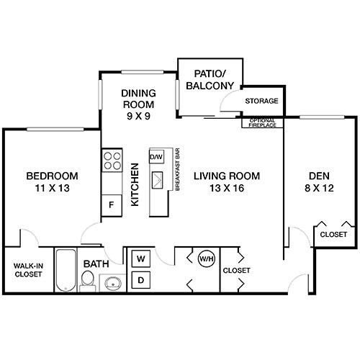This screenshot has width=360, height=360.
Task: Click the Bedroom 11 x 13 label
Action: pos(53,182)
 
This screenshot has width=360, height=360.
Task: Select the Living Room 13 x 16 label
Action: pos(225,182)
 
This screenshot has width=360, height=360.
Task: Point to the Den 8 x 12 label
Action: pos(314,182)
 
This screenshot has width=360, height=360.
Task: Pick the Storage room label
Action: pos(261,101)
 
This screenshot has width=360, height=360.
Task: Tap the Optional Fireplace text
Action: pos(263,122)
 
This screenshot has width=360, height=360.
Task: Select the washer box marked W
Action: pos(141,258)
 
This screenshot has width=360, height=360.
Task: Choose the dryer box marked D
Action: pos(141,279)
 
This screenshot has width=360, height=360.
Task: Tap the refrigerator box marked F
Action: pos(111,204)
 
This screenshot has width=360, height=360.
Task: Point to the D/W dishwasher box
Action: pos(156,156)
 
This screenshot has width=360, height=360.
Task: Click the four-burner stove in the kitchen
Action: pos(111,159)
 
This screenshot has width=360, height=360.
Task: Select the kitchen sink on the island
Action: pos(157,179)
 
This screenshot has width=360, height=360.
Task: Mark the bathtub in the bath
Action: pos(66,270)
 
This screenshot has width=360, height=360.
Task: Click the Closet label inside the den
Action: pos(333,235)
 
